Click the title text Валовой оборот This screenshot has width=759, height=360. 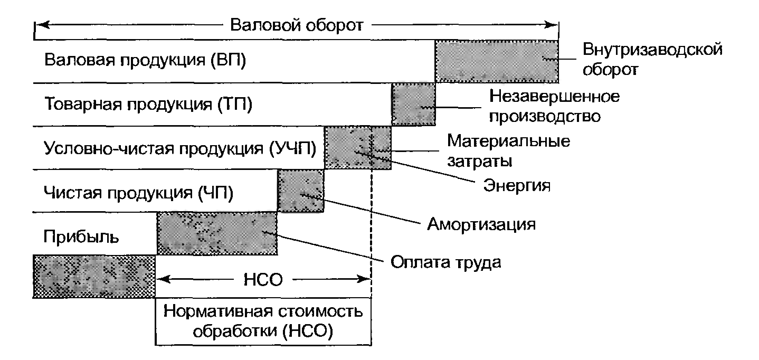[297, 25]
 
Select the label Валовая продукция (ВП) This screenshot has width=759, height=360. [145, 60]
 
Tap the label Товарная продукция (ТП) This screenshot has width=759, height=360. [148, 104]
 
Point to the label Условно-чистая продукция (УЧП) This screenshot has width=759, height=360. [180, 148]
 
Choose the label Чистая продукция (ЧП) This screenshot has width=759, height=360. [138, 193]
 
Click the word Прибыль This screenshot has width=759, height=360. [81, 236]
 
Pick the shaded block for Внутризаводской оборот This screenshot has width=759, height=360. [497, 61]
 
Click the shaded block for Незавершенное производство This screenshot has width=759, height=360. [413, 105]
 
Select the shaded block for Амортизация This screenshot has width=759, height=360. [301, 191]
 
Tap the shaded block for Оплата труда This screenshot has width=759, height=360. [217, 233]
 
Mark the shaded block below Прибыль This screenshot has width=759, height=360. [94, 277]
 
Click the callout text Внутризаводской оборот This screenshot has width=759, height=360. [652, 60]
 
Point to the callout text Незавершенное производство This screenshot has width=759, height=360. [554, 107]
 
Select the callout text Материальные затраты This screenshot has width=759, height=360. [509, 150]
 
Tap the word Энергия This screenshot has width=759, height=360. [517, 185]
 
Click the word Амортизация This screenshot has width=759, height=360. [481, 224]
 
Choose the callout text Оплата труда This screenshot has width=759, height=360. [445, 262]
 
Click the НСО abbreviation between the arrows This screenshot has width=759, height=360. [263, 280]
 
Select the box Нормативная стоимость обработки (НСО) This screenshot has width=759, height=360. [263, 321]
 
